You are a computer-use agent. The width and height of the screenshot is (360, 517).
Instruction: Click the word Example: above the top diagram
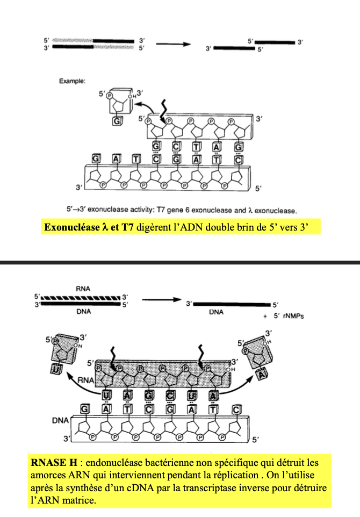(x=72, y=81)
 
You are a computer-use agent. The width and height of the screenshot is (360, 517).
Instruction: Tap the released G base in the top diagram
(x=117, y=121)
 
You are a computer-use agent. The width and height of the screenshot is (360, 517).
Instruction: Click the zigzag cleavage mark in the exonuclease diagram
(x=163, y=111)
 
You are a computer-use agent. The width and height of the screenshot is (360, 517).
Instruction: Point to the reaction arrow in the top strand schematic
(x=174, y=44)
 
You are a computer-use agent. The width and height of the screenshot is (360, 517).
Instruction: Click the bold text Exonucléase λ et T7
(x=89, y=227)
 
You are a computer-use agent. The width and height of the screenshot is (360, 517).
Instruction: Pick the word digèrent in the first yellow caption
(x=153, y=227)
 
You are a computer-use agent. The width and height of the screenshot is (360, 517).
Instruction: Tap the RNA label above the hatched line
(x=83, y=289)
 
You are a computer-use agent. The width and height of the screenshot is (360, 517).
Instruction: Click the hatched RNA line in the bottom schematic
(x=81, y=298)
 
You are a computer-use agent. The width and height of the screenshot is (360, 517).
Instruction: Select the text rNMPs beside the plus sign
(x=293, y=316)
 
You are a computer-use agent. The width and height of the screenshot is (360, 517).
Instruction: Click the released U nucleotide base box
(x=56, y=369)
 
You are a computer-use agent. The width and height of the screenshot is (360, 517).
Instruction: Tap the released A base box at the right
(x=262, y=374)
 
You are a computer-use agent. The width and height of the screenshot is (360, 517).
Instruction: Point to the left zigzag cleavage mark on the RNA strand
(x=113, y=360)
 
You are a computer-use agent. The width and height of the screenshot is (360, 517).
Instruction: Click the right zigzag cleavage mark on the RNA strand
(x=200, y=357)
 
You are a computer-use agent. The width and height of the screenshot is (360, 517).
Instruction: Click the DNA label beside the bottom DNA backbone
(x=60, y=420)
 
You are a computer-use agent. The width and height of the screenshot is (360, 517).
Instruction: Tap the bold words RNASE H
(x=54, y=463)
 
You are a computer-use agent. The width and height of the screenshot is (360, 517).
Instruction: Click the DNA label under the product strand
(x=216, y=312)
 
